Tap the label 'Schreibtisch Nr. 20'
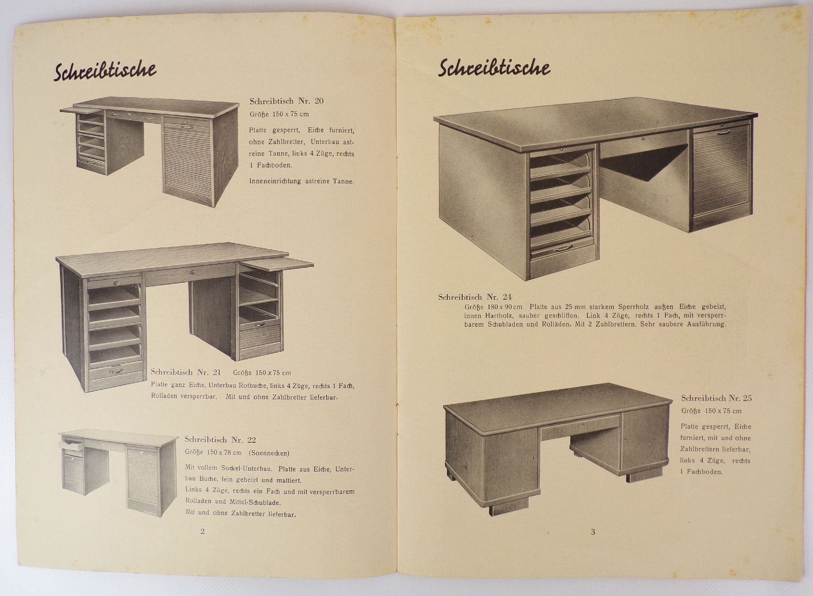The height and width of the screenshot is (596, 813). (x=286, y=101)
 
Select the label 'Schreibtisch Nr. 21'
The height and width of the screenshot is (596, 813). (x=186, y=372)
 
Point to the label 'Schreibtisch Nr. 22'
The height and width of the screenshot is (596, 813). (x=220, y=440)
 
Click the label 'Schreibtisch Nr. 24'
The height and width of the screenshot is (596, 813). (x=475, y=297)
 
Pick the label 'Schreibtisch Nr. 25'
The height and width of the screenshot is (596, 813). (x=716, y=398)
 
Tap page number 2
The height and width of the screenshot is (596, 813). (x=202, y=531)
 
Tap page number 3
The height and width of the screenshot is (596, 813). (x=593, y=532)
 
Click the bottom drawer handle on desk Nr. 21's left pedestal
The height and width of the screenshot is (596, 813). (x=115, y=371)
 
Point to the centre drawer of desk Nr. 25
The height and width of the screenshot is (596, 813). (x=580, y=426)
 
